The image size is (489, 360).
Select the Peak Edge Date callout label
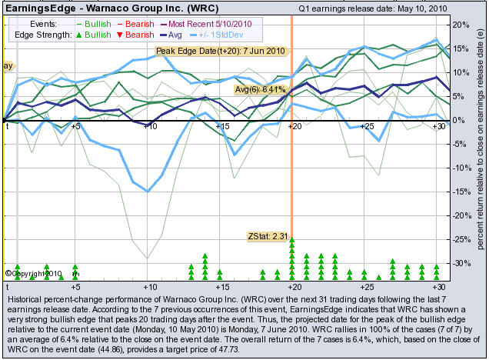[x=221, y=51]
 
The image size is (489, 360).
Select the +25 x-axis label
[x=368, y=125]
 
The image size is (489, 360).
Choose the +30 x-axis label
[x=440, y=125]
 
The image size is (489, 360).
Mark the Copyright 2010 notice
[x=33, y=272]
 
